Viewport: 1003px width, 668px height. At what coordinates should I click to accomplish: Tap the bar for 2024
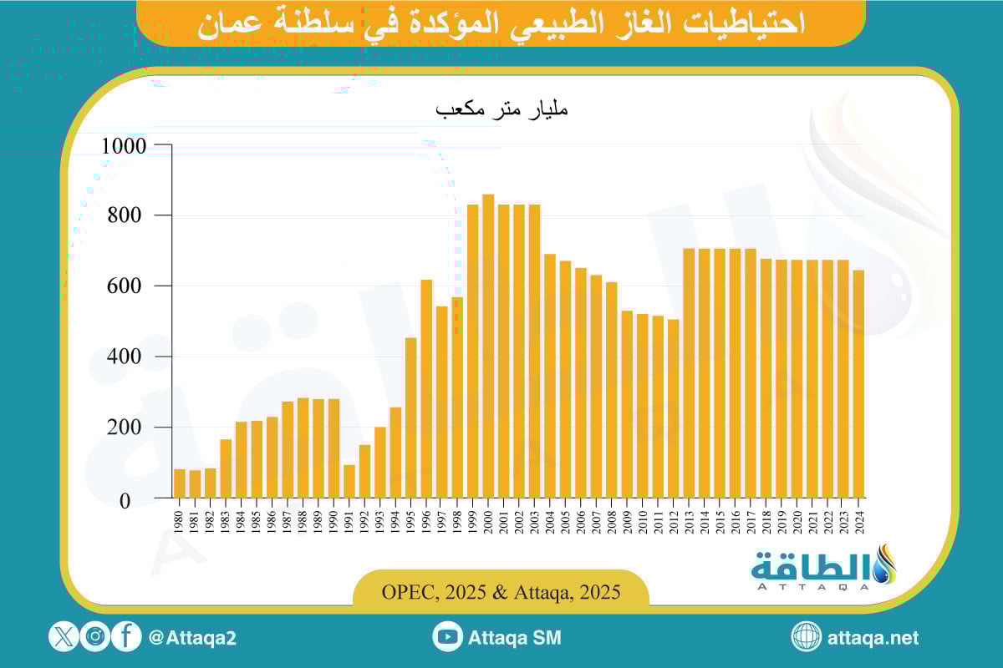coord(858,384)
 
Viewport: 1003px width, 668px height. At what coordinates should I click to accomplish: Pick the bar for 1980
coord(180,483)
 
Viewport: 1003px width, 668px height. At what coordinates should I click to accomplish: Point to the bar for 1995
coord(411,417)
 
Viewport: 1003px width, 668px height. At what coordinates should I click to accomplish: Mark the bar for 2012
coord(674,408)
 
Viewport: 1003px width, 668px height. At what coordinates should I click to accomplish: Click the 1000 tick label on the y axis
coord(124,146)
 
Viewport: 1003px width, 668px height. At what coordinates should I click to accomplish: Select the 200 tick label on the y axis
coord(130,428)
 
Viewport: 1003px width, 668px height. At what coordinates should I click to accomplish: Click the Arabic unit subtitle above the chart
coord(501,109)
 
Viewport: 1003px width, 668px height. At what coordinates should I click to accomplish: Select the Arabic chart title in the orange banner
coord(501,23)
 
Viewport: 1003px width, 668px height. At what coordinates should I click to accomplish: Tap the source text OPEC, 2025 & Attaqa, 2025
coord(501,593)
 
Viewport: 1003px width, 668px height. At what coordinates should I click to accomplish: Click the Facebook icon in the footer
coord(126,637)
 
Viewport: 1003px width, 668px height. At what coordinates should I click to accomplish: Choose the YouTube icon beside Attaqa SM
coord(448,637)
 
